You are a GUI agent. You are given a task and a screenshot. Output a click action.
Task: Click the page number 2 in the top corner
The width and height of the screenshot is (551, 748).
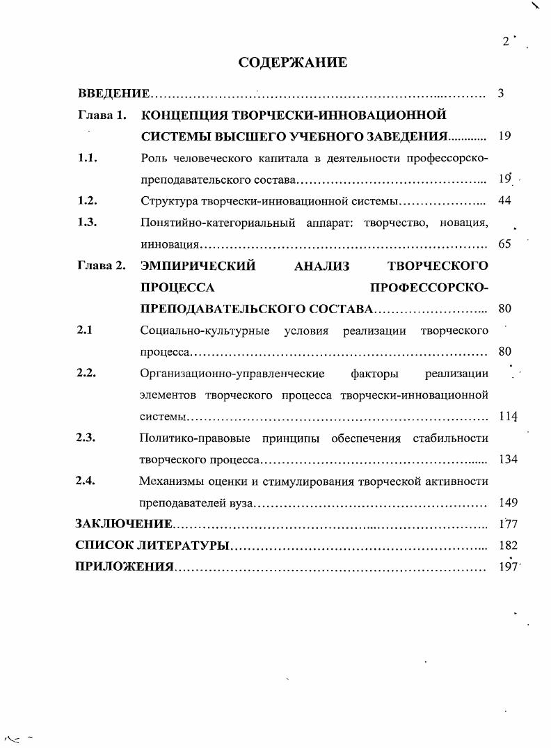coord(506,42)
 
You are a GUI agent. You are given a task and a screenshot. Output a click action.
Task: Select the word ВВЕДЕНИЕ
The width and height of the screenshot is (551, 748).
coord(113,93)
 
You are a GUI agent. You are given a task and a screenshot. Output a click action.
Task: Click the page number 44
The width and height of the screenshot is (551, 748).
coord(505,201)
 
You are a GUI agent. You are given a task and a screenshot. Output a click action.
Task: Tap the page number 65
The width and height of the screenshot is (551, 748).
coord(505,244)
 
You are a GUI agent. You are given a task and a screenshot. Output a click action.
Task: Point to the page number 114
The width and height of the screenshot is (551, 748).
coord(509,416)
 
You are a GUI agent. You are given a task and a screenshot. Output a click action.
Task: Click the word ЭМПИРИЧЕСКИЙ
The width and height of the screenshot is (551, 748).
coord(198,265)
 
